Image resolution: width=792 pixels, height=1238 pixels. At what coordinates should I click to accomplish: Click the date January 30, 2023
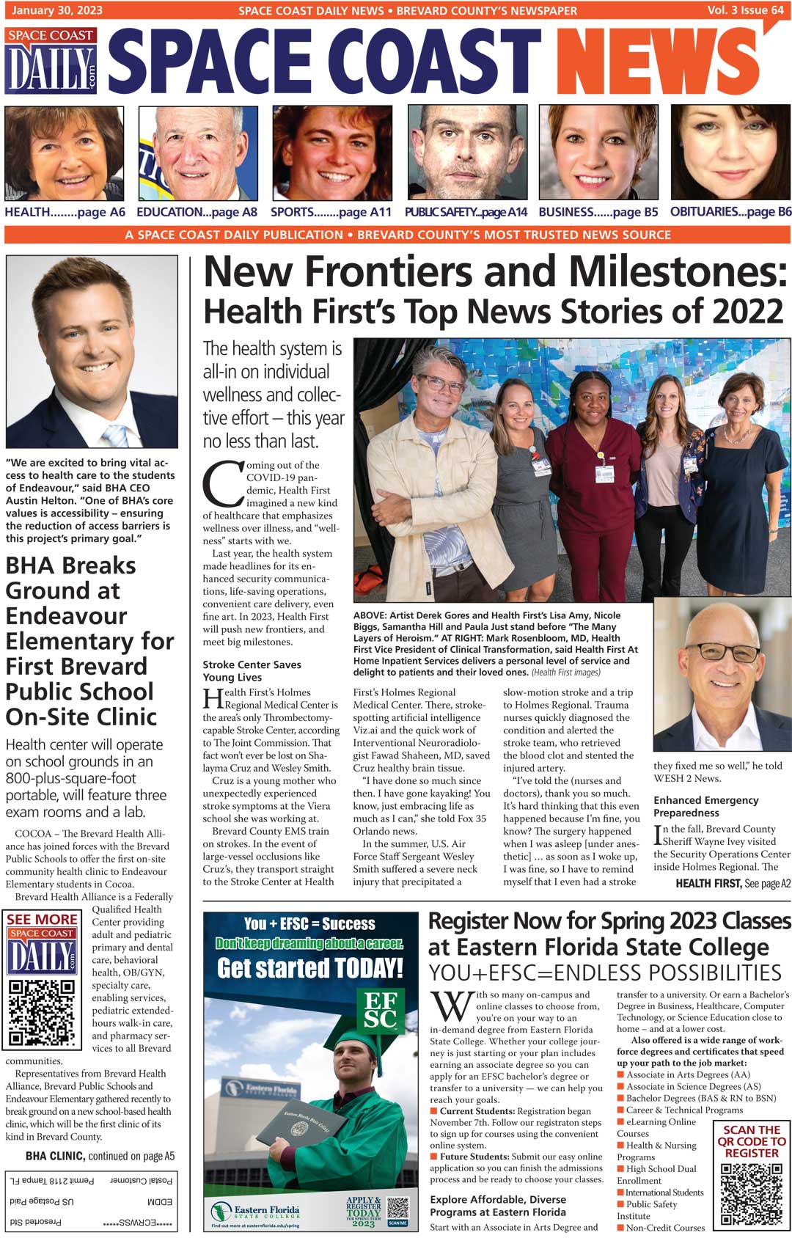point(57,10)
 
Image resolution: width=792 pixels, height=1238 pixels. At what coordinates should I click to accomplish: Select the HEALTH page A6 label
point(65,212)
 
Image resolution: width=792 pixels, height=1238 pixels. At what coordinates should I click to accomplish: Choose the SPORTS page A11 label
point(331,212)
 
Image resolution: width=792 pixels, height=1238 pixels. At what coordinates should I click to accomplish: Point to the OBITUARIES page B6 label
point(730,212)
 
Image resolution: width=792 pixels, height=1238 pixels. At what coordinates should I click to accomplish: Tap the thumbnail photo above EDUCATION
point(198,153)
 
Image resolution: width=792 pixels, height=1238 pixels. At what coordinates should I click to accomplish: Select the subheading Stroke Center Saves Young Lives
point(252,671)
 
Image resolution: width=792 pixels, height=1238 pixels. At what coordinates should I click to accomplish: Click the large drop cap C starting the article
point(222,484)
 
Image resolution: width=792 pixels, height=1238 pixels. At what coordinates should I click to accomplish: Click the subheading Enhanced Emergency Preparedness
point(705,806)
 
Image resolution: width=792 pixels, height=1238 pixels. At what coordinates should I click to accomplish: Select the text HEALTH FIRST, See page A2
point(733,884)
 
